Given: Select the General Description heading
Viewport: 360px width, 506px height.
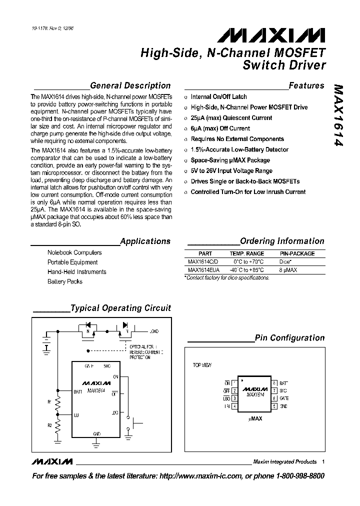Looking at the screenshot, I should tap(130, 85).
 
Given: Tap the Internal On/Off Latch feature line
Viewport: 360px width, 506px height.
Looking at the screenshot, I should tap(219, 96).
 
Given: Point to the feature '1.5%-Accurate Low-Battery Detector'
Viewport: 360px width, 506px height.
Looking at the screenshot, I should tap(239, 149).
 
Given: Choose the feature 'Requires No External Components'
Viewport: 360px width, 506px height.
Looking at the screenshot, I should tap(237, 139).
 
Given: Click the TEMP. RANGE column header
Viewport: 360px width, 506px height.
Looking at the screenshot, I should tap(247, 253).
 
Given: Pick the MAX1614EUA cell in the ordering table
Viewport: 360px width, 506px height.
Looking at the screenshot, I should tap(203, 269).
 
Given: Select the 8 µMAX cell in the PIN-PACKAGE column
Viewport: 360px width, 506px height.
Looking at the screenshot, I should tap(288, 269).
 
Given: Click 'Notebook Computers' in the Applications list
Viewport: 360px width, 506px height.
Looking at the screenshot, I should tap(74, 252).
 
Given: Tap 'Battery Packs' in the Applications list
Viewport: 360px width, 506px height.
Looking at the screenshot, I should tap(65, 281).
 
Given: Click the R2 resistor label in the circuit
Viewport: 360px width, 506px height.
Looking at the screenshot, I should tap(49, 425).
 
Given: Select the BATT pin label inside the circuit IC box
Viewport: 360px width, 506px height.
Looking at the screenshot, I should tap(77, 392).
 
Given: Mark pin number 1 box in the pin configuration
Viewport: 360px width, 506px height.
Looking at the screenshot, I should tap(234, 383).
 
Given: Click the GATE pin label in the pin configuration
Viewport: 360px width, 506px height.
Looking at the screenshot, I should tap(283, 398).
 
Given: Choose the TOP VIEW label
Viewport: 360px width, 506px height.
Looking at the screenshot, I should tap(202, 365).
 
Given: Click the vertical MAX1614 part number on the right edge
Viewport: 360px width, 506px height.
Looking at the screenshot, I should tap(339, 115).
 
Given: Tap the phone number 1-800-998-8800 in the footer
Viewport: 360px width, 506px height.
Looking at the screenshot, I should tap(299, 476).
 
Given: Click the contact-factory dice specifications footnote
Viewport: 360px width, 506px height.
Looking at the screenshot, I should tap(227, 277).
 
